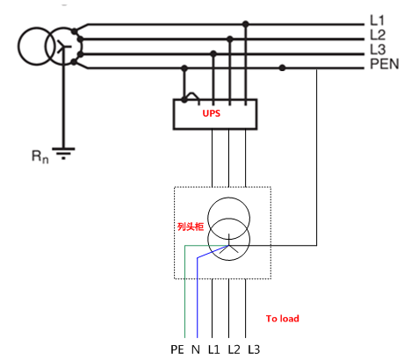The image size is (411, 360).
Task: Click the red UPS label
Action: coord(211,113)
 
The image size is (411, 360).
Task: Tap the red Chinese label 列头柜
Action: coord(191,227)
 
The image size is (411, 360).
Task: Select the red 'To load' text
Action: coord(283,319)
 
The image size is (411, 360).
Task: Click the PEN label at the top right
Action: coord(385,64)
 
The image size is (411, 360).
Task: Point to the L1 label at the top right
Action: coord(377,20)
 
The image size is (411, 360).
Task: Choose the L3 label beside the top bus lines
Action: coord(378,49)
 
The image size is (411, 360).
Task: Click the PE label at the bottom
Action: coord(177,349)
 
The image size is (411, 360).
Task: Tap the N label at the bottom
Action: coord(196,349)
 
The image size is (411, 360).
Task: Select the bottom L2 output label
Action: coord(234,349)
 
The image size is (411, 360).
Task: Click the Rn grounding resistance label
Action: coord(40,156)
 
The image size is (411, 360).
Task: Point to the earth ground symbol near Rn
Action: coord(63,154)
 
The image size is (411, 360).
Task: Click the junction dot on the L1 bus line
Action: coord(246,24)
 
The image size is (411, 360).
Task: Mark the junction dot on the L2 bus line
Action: coord(230,39)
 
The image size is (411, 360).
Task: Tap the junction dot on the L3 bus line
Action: coord(213,54)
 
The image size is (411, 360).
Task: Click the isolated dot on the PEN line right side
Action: coord(282,68)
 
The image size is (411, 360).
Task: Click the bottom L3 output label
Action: coord(254,349)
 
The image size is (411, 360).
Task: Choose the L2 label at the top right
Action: coord(378,35)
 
